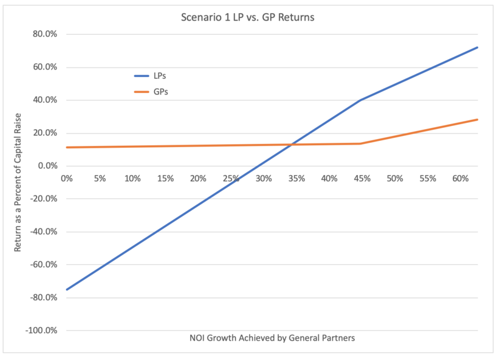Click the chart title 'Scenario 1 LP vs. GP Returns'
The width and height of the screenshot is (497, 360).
[x=247, y=17]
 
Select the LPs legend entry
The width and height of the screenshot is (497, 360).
[x=150, y=76]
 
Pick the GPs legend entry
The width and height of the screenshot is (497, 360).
[x=151, y=92]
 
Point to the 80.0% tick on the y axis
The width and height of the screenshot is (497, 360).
[x=45, y=34]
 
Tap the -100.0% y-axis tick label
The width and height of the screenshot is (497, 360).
[x=42, y=330]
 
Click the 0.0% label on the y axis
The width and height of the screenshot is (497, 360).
[x=48, y=166]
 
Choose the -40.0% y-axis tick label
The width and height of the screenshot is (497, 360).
[x=43, y=232]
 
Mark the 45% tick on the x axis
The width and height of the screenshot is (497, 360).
[x=362, y=179]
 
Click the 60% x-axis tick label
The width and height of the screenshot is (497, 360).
[x=460, y=179]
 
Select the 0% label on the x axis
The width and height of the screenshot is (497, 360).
[x=66, y=179]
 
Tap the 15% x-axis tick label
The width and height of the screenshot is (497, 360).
[x=165, y=179]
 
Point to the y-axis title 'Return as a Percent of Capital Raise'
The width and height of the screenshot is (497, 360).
[x=17, y=182]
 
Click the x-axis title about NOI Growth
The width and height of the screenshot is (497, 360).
[x=272, y=338]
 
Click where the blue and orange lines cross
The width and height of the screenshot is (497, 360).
[x=291, y=145]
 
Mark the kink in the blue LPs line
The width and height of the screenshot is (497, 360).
[x=360, y=100]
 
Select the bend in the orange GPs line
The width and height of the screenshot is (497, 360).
[x=360, y=143]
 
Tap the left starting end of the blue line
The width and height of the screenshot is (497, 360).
[x=66, y=289]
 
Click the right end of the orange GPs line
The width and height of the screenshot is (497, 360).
[x=477, y=119]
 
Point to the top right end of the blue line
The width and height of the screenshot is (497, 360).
[x=477, y=47]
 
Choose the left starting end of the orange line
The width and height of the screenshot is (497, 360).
[x=66, y=147]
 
